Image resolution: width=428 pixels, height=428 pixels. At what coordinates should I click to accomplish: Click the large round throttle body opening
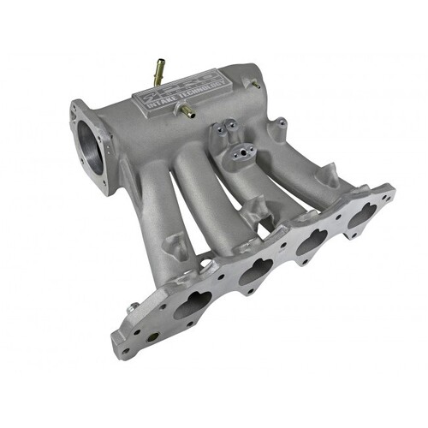pos(92,146)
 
